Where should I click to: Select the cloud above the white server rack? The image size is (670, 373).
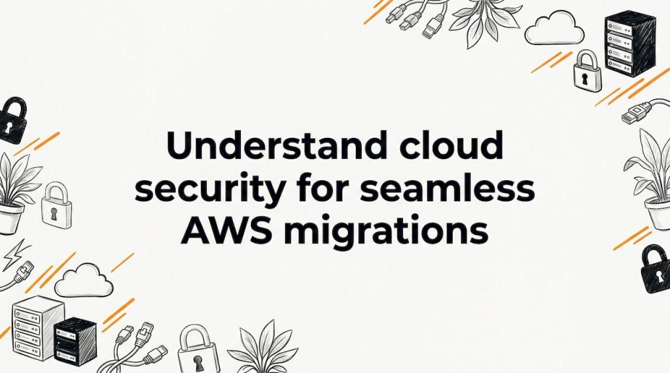[x=84, y=280]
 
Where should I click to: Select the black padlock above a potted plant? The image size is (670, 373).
[x=12, y=120]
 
